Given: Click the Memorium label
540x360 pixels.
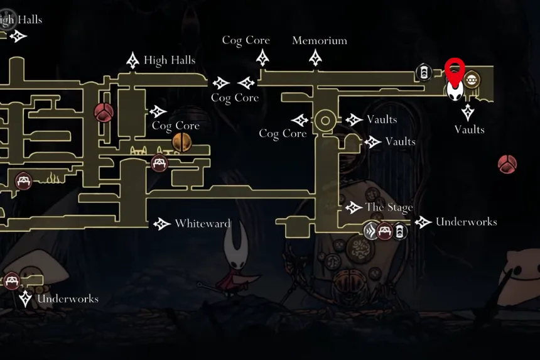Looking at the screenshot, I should pos(319,41).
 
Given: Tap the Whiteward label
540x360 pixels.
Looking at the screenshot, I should pos(202,224).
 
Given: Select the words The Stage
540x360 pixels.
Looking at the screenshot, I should pos(389,207).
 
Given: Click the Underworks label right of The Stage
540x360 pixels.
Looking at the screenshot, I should pos(466,222).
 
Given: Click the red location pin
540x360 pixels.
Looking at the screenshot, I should pos(455,68).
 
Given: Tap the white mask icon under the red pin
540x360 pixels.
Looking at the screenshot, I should pos(455,92).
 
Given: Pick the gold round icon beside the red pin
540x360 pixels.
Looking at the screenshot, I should pos(472,79).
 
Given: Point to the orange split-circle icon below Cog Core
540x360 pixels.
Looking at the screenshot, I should pos(181,142).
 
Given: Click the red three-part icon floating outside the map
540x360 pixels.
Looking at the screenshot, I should pos(507,165).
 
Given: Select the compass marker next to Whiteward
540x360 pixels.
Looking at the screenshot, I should pos(162,224).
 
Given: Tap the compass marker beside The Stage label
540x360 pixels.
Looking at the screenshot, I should pos(354,207).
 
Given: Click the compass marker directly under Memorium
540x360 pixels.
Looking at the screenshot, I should pos(315,58).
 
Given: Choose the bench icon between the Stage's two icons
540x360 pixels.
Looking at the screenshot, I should pos(384,231).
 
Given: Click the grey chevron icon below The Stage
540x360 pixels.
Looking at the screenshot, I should pos(370,231).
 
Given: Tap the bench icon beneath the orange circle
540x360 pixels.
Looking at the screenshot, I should pos(159,163).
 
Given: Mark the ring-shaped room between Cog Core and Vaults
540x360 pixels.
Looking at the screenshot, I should pos(325,120).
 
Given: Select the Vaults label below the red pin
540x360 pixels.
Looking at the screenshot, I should pos(469,129).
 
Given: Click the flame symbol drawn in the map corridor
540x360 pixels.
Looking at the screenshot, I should pos(53,180).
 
